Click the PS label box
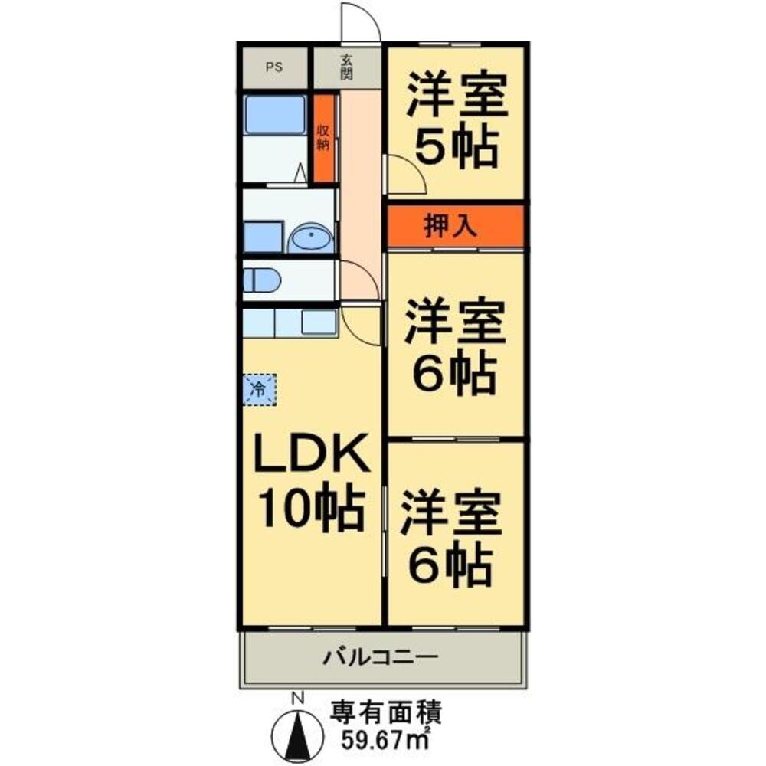click(273, 67)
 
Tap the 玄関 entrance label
click(346, 67)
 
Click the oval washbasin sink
click(312, 238)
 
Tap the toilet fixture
click(259, 280)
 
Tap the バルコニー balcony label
click(380, 656)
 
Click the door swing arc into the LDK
click(361, 322)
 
